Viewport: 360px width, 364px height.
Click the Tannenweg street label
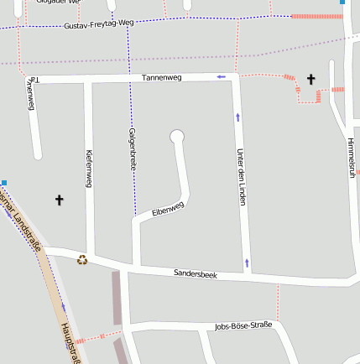click(x=161, y=77)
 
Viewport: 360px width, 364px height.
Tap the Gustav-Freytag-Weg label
click(x=97, y=27)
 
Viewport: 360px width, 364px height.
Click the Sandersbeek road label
click(x=196, y=274)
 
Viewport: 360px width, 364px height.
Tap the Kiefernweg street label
click(x=88, y=168)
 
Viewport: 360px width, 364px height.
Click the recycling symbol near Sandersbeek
click(x=82, y=260)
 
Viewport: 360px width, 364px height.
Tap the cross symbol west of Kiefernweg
click(x=59, y=200)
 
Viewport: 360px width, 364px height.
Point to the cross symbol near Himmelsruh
click(x=310, y=79)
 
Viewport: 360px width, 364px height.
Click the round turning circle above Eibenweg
click(x=176, y=136)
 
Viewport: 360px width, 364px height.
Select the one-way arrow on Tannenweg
click(x=222, y=77)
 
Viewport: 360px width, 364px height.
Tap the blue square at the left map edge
click(x=4, y=182)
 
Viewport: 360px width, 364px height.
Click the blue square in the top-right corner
click(x=342, y=3)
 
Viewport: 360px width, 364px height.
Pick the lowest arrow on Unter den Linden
click(x=247, y=263)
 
